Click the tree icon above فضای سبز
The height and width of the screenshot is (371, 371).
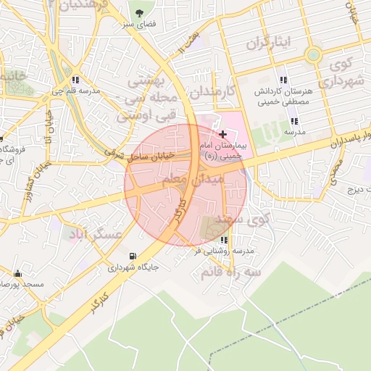pyautogui.click(x=140, y=12)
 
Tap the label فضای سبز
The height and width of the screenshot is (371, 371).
pyautogui.click(x=140, y=26)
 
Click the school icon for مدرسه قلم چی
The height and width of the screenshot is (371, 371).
pyautogui.click(x=75, y=80)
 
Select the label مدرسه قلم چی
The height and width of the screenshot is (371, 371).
pyautogui.click(x=75, y=93)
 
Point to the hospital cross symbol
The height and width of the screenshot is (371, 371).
pyautogui.click(x=222, y=134)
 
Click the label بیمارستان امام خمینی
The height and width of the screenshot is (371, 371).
pyautogui.click(x=222, y=151)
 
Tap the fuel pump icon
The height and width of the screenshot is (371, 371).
pyautogui.click(x=131, y=255)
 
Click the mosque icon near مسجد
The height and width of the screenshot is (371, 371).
pyautogui.click(x=17, y=273)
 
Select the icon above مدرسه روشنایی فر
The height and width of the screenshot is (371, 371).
pyautogui.click(x=223, y=240)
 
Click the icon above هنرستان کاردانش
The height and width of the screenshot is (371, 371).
pyautogui.click(x=283, y=80)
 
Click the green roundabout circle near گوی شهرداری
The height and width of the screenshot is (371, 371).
pyautogui.click(x=312, y=54)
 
